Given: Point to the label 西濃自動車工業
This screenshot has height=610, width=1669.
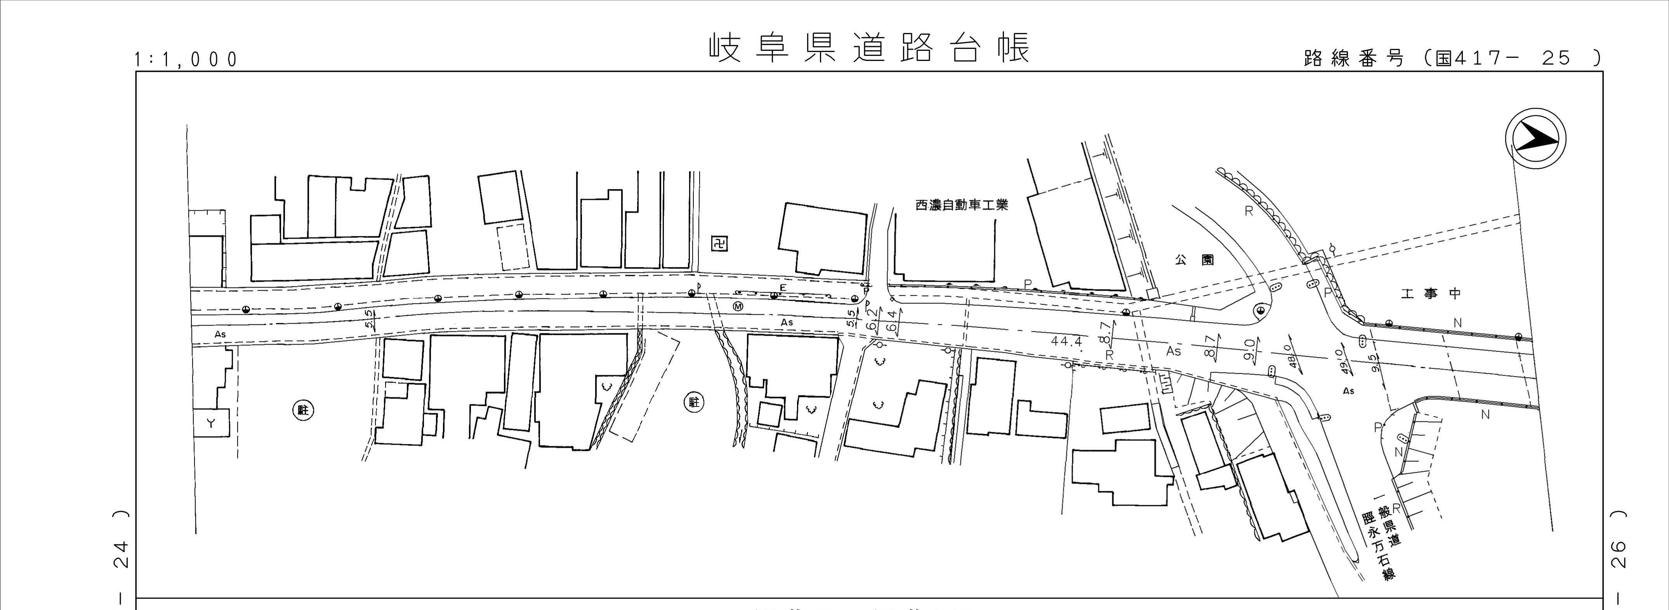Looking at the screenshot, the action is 962,205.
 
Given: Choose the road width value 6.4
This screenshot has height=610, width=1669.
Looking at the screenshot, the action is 891,321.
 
